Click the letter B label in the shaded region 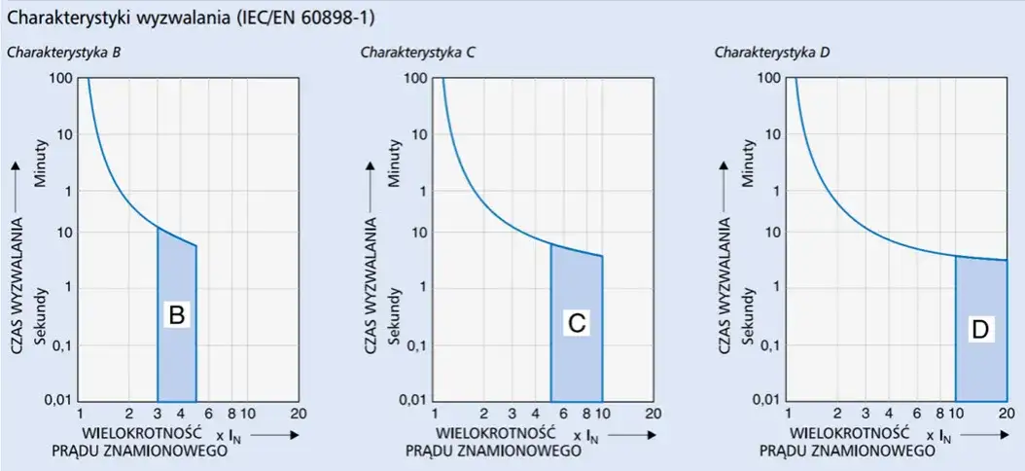[x=176, y=314]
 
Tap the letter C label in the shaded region [x=576, y=324]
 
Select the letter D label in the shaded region [x=980, y=329]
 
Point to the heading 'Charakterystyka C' [x=417, y=52]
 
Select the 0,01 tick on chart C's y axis [x=412, y=400]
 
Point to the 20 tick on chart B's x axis [x=298, y=414]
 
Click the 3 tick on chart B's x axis [x=158, y=414]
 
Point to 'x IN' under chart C [x=584, y=433]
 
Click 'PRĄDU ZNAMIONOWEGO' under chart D [x=847, y=451]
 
